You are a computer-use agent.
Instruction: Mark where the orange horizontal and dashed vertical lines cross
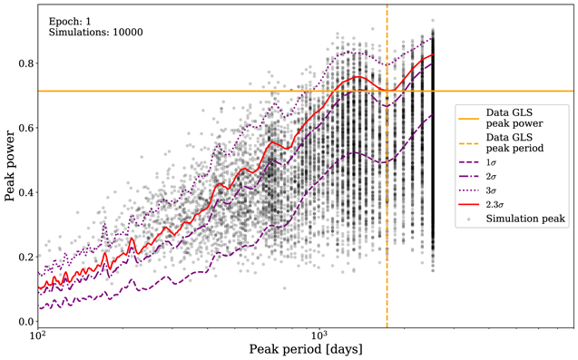(x=387, y=91)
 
